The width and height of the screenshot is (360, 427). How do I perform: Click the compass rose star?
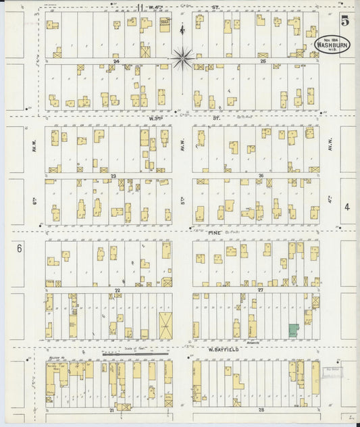point(182,59)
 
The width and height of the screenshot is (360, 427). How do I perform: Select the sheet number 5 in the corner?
point(344,21)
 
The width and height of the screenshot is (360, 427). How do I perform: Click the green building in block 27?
point(292,331)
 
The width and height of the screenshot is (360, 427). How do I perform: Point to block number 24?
point(116,61)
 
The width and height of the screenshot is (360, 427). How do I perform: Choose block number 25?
point(263,61)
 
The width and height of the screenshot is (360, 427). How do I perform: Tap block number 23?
point(114,176)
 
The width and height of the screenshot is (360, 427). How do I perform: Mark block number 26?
point(260,176)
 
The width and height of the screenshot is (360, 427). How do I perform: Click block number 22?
point(117,290)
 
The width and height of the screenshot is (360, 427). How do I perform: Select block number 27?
point(260,290)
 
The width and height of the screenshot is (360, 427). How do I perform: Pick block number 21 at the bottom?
point(110,410)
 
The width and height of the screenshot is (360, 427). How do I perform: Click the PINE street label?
point(215,232)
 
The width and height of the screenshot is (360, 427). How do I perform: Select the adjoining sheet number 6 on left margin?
point(20,249)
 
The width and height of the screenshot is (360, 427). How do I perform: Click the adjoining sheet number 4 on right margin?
point(344,207)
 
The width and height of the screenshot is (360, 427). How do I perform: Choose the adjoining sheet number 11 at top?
point(139,7)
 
